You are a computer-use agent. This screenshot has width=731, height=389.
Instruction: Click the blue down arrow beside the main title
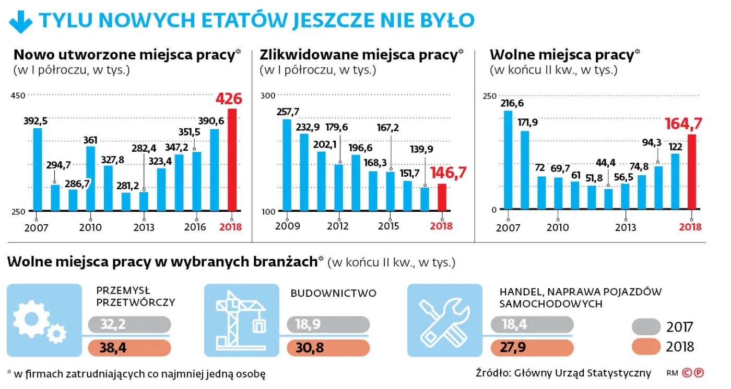pos(21,21)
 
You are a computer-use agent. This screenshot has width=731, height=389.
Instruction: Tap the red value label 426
pos(229,99)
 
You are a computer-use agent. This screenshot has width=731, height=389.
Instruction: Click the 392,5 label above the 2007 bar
pos(36,121)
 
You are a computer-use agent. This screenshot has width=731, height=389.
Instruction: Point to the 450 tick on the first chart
pos(18,95)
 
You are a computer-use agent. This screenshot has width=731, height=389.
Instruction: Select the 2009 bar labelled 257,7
pos(287,165)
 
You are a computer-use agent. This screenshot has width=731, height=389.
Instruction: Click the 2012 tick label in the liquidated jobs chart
pos(338,226)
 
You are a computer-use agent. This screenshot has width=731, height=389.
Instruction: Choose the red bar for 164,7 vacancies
pos(692,172)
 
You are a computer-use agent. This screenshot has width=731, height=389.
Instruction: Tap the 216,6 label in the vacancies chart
pos(511,103)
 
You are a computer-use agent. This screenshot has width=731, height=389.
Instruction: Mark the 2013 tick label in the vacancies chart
pos(626,227)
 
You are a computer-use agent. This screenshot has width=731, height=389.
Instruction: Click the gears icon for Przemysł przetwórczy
pos(41,320)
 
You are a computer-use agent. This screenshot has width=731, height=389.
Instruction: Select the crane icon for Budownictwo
pos(241,320)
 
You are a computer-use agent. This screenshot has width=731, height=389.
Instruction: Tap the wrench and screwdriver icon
pos(444,320)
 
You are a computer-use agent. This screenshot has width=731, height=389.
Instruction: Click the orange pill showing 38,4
pos(129,348)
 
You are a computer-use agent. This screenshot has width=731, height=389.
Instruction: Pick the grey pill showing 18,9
pos(328,325)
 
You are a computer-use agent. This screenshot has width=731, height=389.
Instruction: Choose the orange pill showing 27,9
pos(532,348)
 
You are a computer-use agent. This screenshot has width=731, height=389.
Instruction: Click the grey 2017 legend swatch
pos(646,327)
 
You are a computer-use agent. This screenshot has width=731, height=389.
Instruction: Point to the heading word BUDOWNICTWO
pos(333,293)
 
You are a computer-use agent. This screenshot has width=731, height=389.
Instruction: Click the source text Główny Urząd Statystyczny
pos(582,373)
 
